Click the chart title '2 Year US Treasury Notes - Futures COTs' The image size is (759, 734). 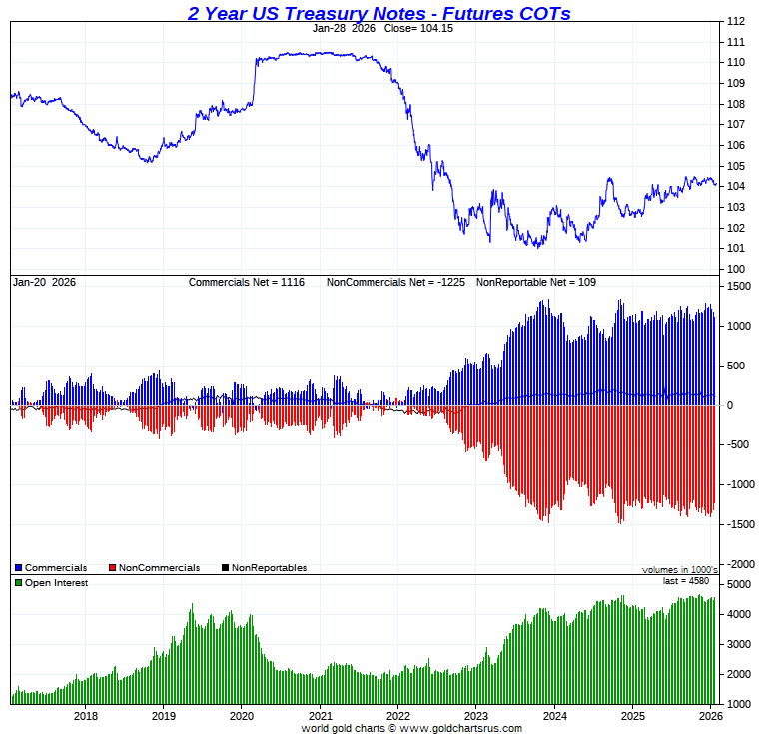tap(379, 13)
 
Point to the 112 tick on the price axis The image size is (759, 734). tap(735, 21)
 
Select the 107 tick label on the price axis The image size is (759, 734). tap(735, 124)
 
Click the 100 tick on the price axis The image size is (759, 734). tap(735, 269)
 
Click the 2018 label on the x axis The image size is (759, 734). tap(85, 715)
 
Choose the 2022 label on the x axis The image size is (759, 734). tap(397, 715)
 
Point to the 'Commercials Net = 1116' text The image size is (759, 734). tap(250, 282)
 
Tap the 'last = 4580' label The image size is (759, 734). tap(686, 580)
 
